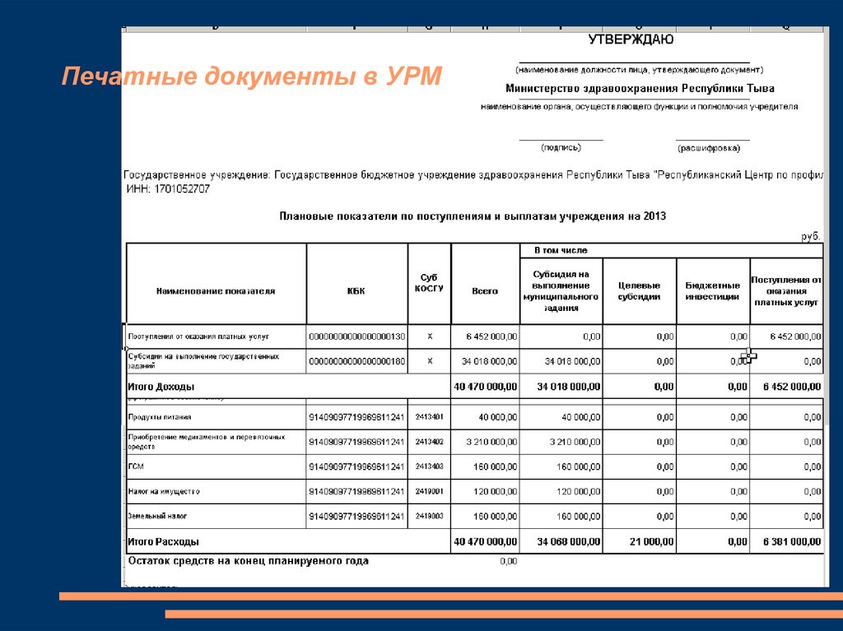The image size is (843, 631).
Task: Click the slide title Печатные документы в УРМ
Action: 252,78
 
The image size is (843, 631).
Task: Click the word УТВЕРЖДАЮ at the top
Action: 631,39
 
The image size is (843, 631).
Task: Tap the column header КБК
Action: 356,290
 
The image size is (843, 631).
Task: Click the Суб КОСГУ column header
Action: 429,283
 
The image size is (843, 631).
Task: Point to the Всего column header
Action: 485,290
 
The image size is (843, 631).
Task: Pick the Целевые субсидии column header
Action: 639,290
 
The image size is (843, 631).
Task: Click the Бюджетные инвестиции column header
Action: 712,290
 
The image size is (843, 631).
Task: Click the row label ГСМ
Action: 136,466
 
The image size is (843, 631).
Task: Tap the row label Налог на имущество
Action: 164,491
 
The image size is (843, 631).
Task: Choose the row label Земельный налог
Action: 157,516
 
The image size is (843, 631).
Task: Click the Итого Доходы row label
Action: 161,386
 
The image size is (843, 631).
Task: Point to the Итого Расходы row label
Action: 163,541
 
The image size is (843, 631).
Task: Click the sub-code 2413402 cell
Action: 429,442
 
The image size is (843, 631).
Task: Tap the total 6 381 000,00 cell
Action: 791,541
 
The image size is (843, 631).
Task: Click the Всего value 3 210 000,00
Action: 491,442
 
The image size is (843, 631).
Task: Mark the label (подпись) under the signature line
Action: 561,148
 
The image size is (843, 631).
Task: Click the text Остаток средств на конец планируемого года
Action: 249,561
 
